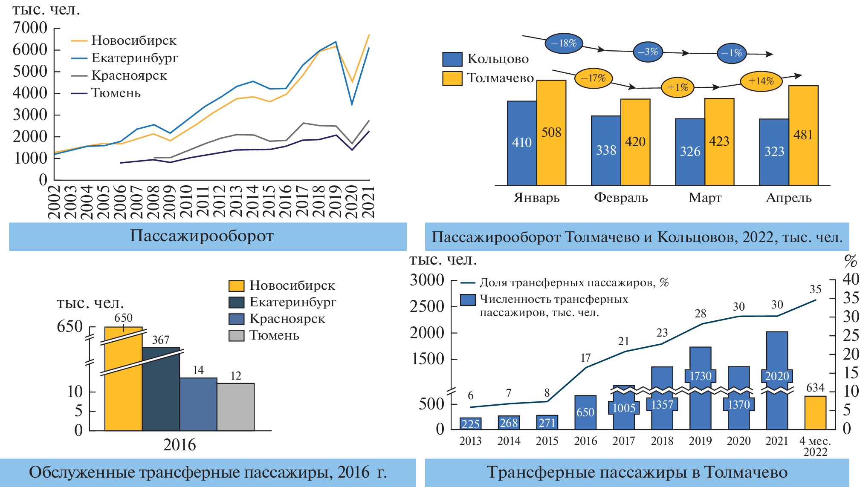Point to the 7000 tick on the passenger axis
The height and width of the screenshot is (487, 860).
click(x=30, y=28)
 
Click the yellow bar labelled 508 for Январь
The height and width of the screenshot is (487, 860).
click(x=551, y=133)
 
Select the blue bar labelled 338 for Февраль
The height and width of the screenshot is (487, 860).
click(x=605, y=150)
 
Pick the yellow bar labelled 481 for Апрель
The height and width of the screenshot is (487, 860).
click(x=803, y=135)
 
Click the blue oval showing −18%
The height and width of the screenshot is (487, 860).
click(x=564, y=43)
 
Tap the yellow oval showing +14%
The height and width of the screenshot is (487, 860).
click(x=761, y=81)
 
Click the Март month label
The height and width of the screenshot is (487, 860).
click(x=705, y=198)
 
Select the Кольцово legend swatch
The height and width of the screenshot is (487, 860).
click(x=452, y=59)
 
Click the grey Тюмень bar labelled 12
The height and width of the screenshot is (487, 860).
click(x=235, y=406)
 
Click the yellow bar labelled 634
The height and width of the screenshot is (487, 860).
click(x=815, y=412)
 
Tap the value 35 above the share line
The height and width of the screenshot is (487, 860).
click(x=815, y=289)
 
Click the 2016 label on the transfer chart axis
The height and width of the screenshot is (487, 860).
click(x=585, y=441)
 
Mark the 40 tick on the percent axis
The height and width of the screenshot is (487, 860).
click(x=851, y=279)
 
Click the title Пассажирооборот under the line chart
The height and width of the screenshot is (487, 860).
click(x=202, y=236)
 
